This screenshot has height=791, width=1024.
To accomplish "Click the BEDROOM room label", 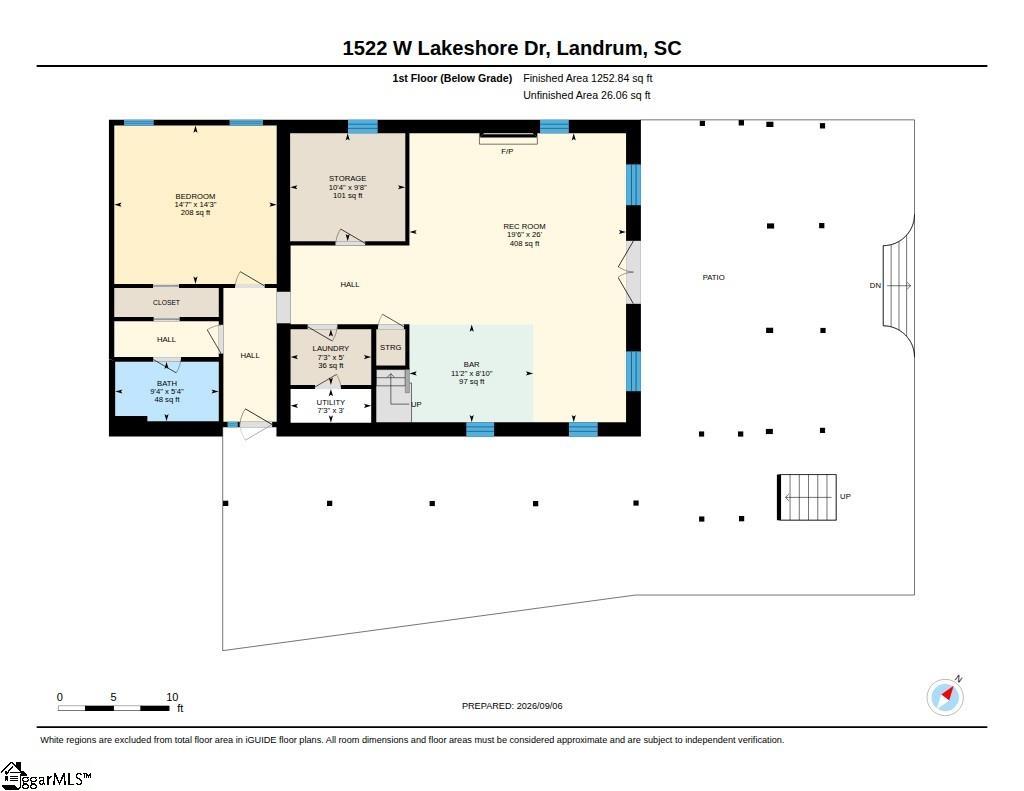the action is pyautogui.click(x=195, y=196).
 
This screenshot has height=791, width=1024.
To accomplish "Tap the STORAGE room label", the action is pyautogui.click(x=347, y=178).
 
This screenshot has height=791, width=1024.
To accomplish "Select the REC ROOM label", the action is pyautogui.click(x=524, y=227).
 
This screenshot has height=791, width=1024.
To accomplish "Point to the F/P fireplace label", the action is pyautogui.click(x=507, y=152).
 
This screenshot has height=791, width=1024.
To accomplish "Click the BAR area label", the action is pyautogui.click(x=472, y=364).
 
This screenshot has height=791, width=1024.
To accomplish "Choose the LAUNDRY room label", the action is pyautogui.click(x=330, y=349).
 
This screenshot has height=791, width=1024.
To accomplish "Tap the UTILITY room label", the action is pyautogui.click(x=330, y=402).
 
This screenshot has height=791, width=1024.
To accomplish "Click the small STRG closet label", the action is pyautogui.click(x=391, y=347).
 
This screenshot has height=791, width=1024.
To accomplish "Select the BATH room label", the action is pyautogui.click(x=167, y=383).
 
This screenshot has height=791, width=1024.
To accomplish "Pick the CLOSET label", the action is pyautogui.click(x=167, y=302).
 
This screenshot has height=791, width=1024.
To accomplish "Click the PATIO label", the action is pyautogui.click(x=714, y=278).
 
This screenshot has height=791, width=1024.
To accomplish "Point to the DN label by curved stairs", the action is pyautogui.click(x=875, y=285).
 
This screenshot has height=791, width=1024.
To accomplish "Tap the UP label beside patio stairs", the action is pyautogui.click(x=845, y=496).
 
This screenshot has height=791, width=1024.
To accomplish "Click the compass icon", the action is pyautogui.click(x=945, y=696).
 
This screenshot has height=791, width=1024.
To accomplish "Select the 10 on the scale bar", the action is pyautogui.click(x=172, y=697).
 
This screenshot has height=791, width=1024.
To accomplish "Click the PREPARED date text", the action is pyautogui.click(x=512, y=706).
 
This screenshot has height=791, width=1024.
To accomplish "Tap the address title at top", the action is pyautogui.click(x=512, y=48).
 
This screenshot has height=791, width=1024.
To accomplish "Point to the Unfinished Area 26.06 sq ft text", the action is pyautogui.click(x=586, y=95).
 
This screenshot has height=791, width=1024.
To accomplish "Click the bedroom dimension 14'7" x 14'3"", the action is pyautogui.click(x=195, y=204).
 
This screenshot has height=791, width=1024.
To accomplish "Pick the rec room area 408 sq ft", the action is pyautogui.click(x=524, y=244).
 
